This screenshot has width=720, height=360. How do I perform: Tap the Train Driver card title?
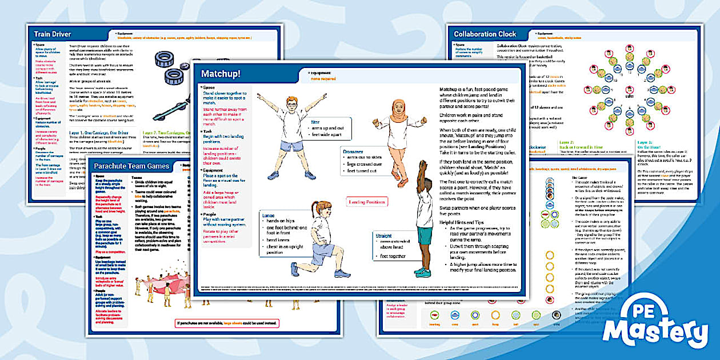click(53, 34)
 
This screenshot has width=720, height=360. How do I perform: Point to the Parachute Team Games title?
click(131, 166)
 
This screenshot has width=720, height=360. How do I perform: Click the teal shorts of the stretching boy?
click(425, 236)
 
